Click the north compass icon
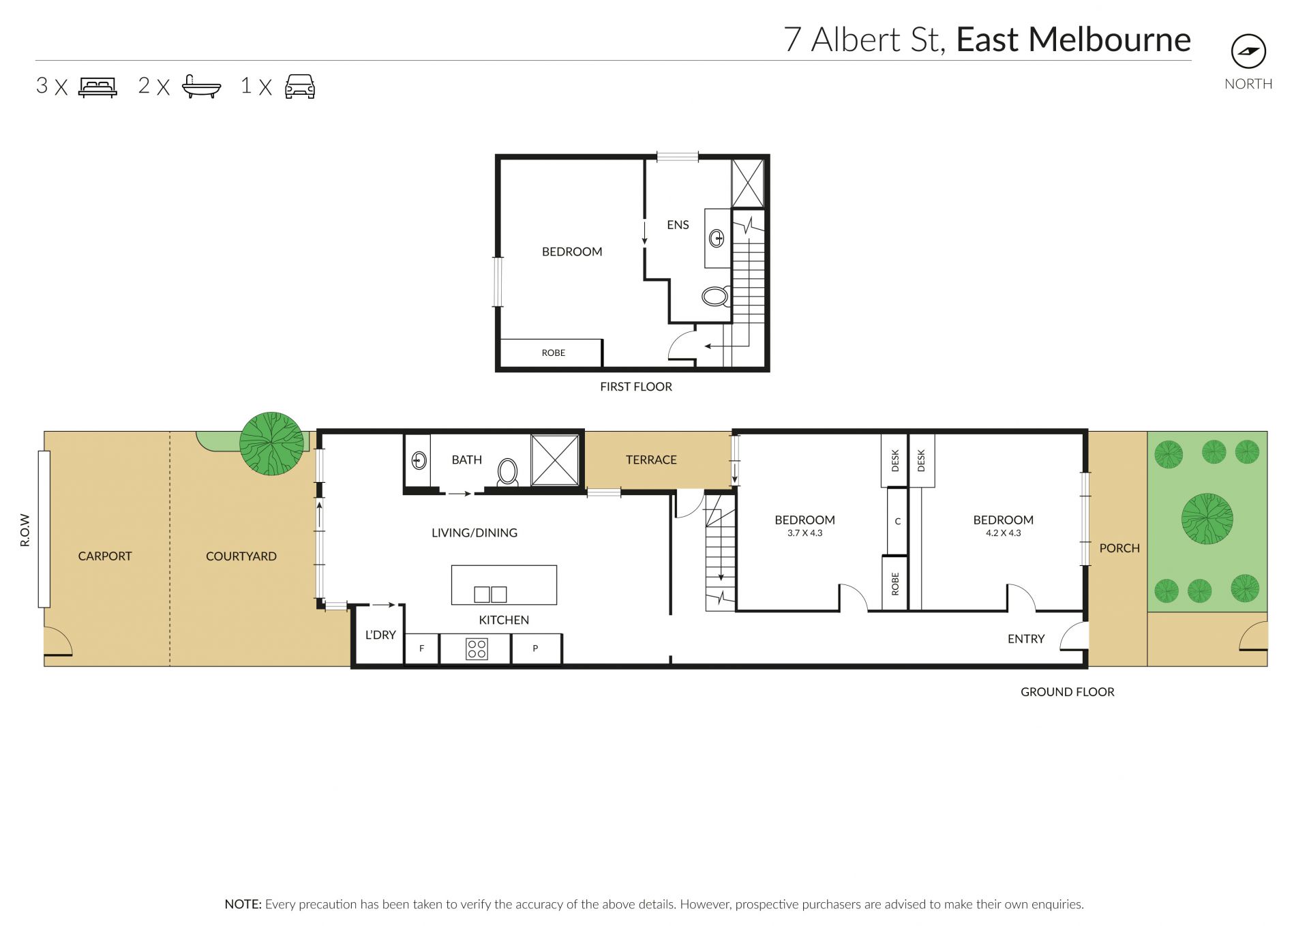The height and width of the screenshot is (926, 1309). tap(1248, 51)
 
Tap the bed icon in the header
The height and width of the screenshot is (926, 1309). tap(97, 87)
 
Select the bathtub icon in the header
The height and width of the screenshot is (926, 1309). tap(201, 87)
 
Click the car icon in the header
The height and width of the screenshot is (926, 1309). tap(300, 87)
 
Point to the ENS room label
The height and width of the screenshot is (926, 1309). tap(678, 225)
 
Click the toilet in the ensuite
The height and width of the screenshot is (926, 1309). tap(715, 297)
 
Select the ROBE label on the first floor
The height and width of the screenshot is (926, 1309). tap(553, 353)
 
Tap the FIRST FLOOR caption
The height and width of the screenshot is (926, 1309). tap(635, 387)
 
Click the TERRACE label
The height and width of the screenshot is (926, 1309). tap(651, 460)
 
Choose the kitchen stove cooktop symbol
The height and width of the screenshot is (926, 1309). tap(477, 648)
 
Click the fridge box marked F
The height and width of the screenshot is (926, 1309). tap(422, 648)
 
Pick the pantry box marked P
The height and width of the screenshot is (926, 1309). tap(536, 648)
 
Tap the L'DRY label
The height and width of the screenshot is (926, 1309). tap(380, 635)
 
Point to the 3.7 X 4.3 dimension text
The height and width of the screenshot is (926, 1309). tap(804, 533)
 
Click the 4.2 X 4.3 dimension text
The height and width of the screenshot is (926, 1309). tap(1003, 533)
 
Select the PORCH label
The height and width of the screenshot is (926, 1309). tap(1119, 548)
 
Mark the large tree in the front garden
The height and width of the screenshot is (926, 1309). tap(1207, 518)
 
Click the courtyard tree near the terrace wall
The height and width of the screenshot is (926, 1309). tap(271, 443)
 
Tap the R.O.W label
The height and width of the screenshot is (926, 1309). tap(25, 530)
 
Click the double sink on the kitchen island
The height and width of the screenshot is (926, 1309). tap(490, 594)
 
